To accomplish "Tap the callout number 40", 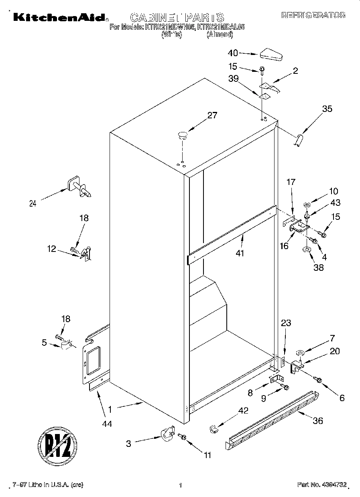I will coord(233,53).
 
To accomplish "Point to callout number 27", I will coord(212,116).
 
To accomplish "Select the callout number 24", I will coord(33,203).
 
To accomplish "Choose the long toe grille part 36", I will coord(273,420).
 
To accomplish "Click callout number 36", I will coord(317,421).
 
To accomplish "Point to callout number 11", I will coord(207,455).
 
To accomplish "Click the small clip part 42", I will coord(214,429).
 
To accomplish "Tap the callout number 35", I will coord(327,108).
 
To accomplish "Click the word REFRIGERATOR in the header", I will coord(313,16).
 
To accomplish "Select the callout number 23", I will coord(286,323).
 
